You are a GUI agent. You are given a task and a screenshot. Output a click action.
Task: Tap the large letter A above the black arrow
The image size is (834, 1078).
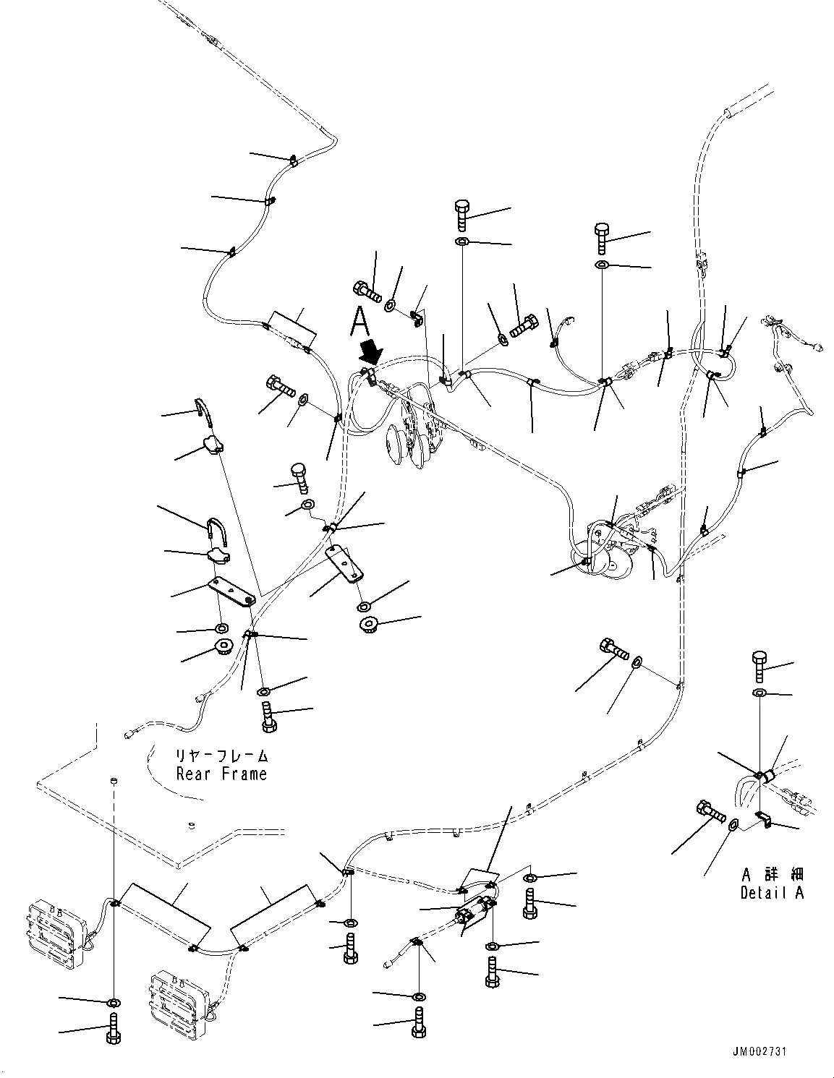tap(360, 320)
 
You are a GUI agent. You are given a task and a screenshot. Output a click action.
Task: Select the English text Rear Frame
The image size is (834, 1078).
tap(221, 774)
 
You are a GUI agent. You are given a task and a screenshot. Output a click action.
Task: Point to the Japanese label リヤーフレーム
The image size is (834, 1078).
tap(221, 756)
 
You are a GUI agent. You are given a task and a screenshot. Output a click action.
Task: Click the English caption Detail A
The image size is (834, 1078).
tap(772, 892)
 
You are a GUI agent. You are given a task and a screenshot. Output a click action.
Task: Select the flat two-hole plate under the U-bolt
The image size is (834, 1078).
tap(232, 591)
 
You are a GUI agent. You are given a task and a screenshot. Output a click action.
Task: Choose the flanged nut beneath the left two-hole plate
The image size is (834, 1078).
tap(221, 647)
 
